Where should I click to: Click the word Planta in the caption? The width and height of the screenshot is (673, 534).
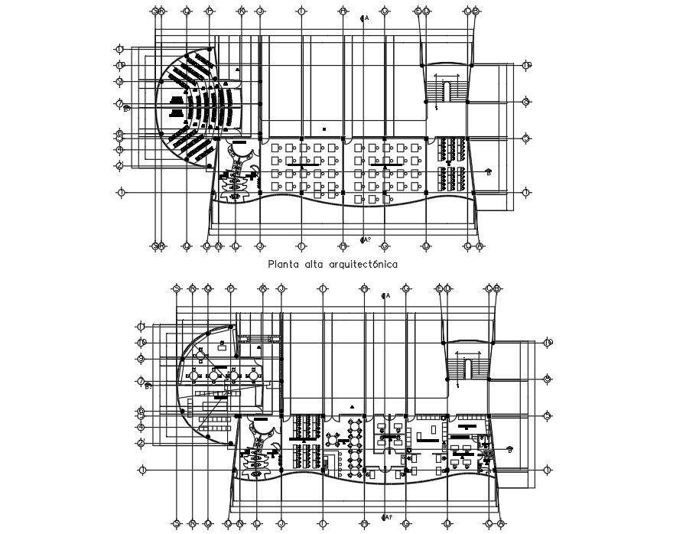pyautogui.click(x=281, y=264)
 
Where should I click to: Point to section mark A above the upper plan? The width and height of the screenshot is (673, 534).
pyautogui.click(x=365, y=17)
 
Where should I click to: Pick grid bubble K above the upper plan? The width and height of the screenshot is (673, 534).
pyautogui.click(x=242, y=11)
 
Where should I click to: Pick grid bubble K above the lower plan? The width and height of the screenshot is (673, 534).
pyautogui.click(x=262, y=288)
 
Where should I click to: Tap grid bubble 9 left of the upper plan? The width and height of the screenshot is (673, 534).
pyautogui.click(x=120, y=81)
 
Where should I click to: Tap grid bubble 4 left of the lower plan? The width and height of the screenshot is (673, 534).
pyautogui.click(x=141, y=427)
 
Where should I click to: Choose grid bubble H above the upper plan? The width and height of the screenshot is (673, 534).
pyautogui.click(x=343, y=11)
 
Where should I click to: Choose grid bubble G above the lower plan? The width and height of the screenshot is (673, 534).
pyautogui.click(x=406, y=288)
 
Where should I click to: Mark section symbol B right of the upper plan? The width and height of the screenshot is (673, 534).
pyautogui.click(x=488, y=172)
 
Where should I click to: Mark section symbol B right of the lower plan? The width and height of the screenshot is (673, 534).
pyautogui.click(x=509, y=450)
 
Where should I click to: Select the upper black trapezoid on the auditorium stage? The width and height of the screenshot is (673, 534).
pyautogui.click(x=177, y=100)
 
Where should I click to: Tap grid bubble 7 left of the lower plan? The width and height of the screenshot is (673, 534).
pyautogui.click(x=141, y=380)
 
